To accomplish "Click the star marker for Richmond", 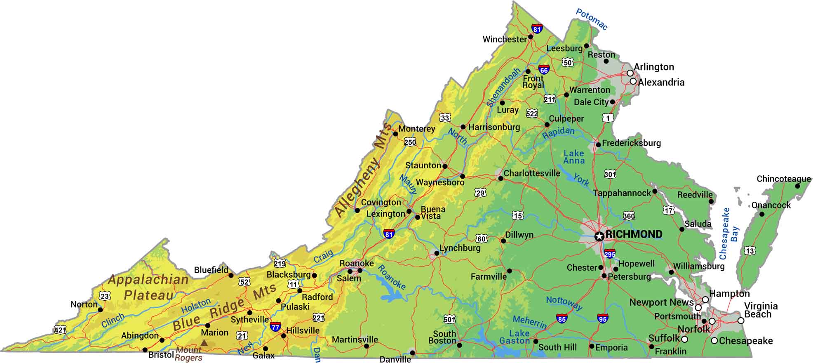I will pyautogui.click(x=599, y=236).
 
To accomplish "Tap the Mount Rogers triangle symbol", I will pyautogui.click(x=204, y=342).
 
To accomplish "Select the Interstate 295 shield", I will pyautogui.click(x=609, y=253).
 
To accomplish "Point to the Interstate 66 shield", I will pyautogui.click(x=544, y=69).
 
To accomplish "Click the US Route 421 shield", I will pyautogui.click(x=60, y=330).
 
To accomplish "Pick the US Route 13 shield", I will pyautogui.click(x=750, y=250).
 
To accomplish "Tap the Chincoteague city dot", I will pyautogui.click(x=797, y=186).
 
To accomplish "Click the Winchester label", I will pyautogui.click(x=504, y=40).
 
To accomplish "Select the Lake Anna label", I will pyautogui.click(x=574, y=157).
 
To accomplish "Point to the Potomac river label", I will pyautogui.click(x=592, y=19).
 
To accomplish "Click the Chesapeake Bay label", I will pyautogui.click(x=729, y=233).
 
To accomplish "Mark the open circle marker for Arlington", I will pyautogui.click(x=630, y=73).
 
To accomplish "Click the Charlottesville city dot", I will pyautogui.click(x=500, y=178).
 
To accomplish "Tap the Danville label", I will pyautogui.click(x=395, y=359).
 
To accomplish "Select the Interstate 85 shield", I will pyautogui.click(x=561, y=318).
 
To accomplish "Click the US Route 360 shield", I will pyautogui.click(x=629, y=216).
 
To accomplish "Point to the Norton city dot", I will pyautogui.click(x=100, y=309).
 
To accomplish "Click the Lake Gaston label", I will pyautogui.click(x=515, y=337).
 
